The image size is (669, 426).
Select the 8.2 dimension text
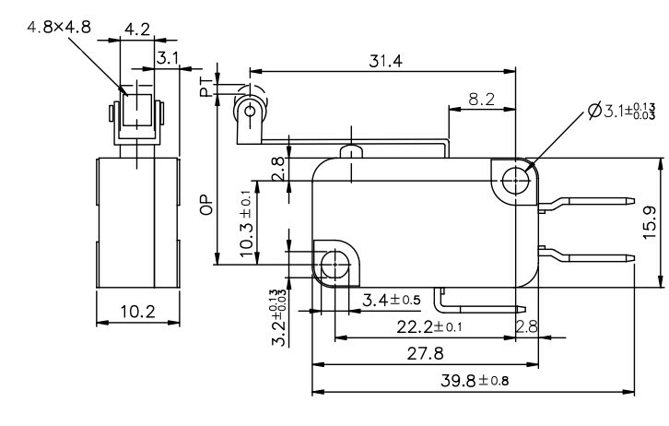[480, 99]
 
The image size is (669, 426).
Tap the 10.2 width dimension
[137, 312]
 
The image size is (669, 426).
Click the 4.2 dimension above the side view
[137, 29]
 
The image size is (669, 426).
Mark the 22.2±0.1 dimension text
[429, 326]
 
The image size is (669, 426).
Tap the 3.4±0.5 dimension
[391, 300]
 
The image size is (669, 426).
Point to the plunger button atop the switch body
[348, 151]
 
